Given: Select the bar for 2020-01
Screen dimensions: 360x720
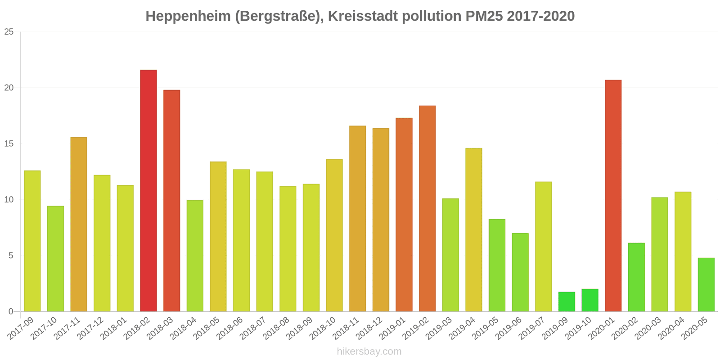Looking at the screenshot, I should [613, 196].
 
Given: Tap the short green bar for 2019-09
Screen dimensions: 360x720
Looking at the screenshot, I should [567, 302].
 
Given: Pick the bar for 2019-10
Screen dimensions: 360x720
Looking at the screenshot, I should [590, 300].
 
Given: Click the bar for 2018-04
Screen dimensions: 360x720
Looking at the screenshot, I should [195, 256].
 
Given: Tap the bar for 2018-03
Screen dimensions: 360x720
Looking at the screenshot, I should [171, 201].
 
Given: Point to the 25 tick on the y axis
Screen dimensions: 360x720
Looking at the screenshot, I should [9, 32].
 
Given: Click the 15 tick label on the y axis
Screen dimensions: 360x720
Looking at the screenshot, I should [9, 144].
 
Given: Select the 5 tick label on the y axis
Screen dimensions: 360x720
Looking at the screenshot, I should [11, 256].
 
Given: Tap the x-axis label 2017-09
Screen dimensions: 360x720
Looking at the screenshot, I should [22, 328].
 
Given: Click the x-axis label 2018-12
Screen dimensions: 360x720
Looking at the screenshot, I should [370, 328].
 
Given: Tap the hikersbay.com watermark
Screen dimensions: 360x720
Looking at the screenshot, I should [369, 351].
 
